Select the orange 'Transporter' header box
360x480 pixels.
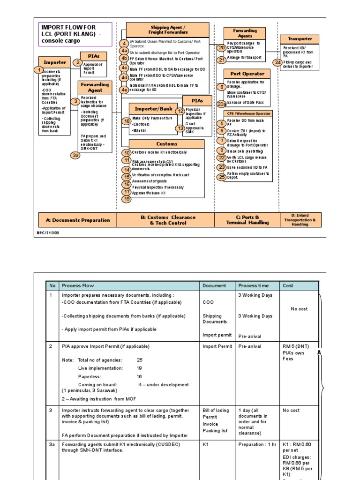(300, 39)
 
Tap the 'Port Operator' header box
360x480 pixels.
(247, 74)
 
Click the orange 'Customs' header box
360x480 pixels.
(167, 144)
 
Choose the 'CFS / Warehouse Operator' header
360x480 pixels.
(248, 113)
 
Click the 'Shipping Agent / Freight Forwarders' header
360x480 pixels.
(168, 30)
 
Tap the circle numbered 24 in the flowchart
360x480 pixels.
(278, 62)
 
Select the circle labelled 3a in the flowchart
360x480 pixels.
(75, 155)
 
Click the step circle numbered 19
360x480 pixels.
(127, 199)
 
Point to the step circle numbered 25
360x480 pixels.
(222, 177)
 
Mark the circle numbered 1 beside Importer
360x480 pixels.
(38, 70)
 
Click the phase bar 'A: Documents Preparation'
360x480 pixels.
(77, 220)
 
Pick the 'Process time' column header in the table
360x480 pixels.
(254, 285)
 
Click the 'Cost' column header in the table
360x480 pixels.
(288, 285)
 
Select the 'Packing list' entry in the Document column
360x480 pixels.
(215, 431)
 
